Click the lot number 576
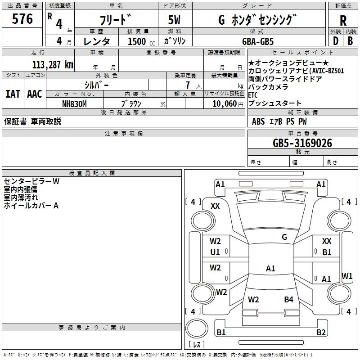22,19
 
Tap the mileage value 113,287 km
53,65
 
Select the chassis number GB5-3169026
302,143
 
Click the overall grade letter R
343,21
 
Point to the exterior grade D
336,41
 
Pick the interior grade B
350,41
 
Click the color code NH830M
74,104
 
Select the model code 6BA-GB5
258,41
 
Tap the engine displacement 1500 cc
141,41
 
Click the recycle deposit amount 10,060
225,104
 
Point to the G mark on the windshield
284,237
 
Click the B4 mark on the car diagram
288,300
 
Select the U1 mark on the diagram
215,252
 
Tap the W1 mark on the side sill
347,276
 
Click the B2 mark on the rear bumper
321,332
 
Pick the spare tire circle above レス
197,328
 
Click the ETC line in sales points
253,95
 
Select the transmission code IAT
13,94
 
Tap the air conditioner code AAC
35,94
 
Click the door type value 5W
174,20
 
